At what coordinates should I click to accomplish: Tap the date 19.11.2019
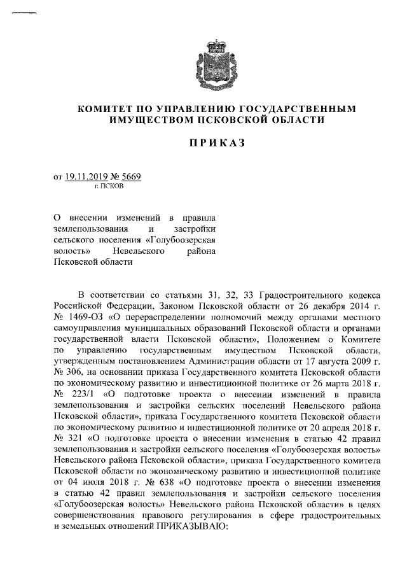[x=88, y=179]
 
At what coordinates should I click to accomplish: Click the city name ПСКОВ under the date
[x=113, y=188]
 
